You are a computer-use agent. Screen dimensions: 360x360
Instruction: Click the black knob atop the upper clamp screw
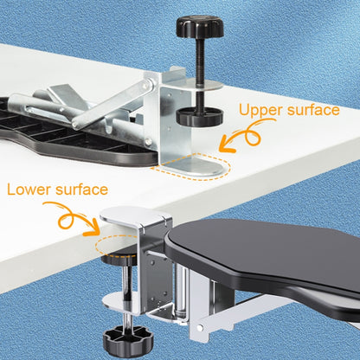coord(200,27)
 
